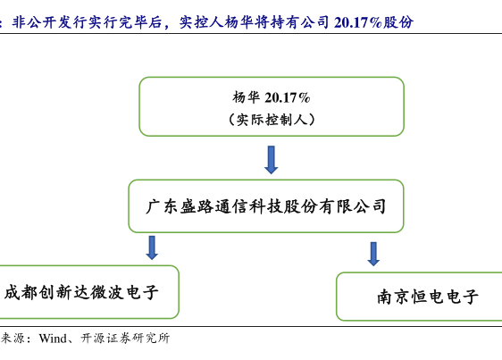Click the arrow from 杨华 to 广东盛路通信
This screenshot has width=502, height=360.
[x=272, y=160]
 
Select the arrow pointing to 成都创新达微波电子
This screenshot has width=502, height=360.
[x=152, y=247]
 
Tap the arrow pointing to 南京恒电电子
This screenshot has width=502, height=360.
[x=373, y=254]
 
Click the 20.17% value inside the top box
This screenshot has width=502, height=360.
[x=288, y=97]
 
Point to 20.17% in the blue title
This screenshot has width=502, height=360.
[x=357, y=22]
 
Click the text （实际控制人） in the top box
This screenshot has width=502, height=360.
[x=272, y=120]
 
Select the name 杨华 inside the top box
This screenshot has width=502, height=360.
[x=246, y=97]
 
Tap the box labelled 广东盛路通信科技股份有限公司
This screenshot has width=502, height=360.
[x=266, y=206]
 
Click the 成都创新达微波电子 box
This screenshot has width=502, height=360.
[x=89, y=292]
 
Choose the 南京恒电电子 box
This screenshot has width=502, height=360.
[x=419, y=297]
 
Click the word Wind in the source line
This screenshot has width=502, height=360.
[x=53, y=339]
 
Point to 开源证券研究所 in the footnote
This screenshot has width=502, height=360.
[x=125, y=339]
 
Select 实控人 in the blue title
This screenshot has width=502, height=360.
[x=201, y=22]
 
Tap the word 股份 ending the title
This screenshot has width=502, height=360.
[x=398, y=22]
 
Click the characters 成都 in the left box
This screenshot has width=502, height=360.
[x=21, y=292]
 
